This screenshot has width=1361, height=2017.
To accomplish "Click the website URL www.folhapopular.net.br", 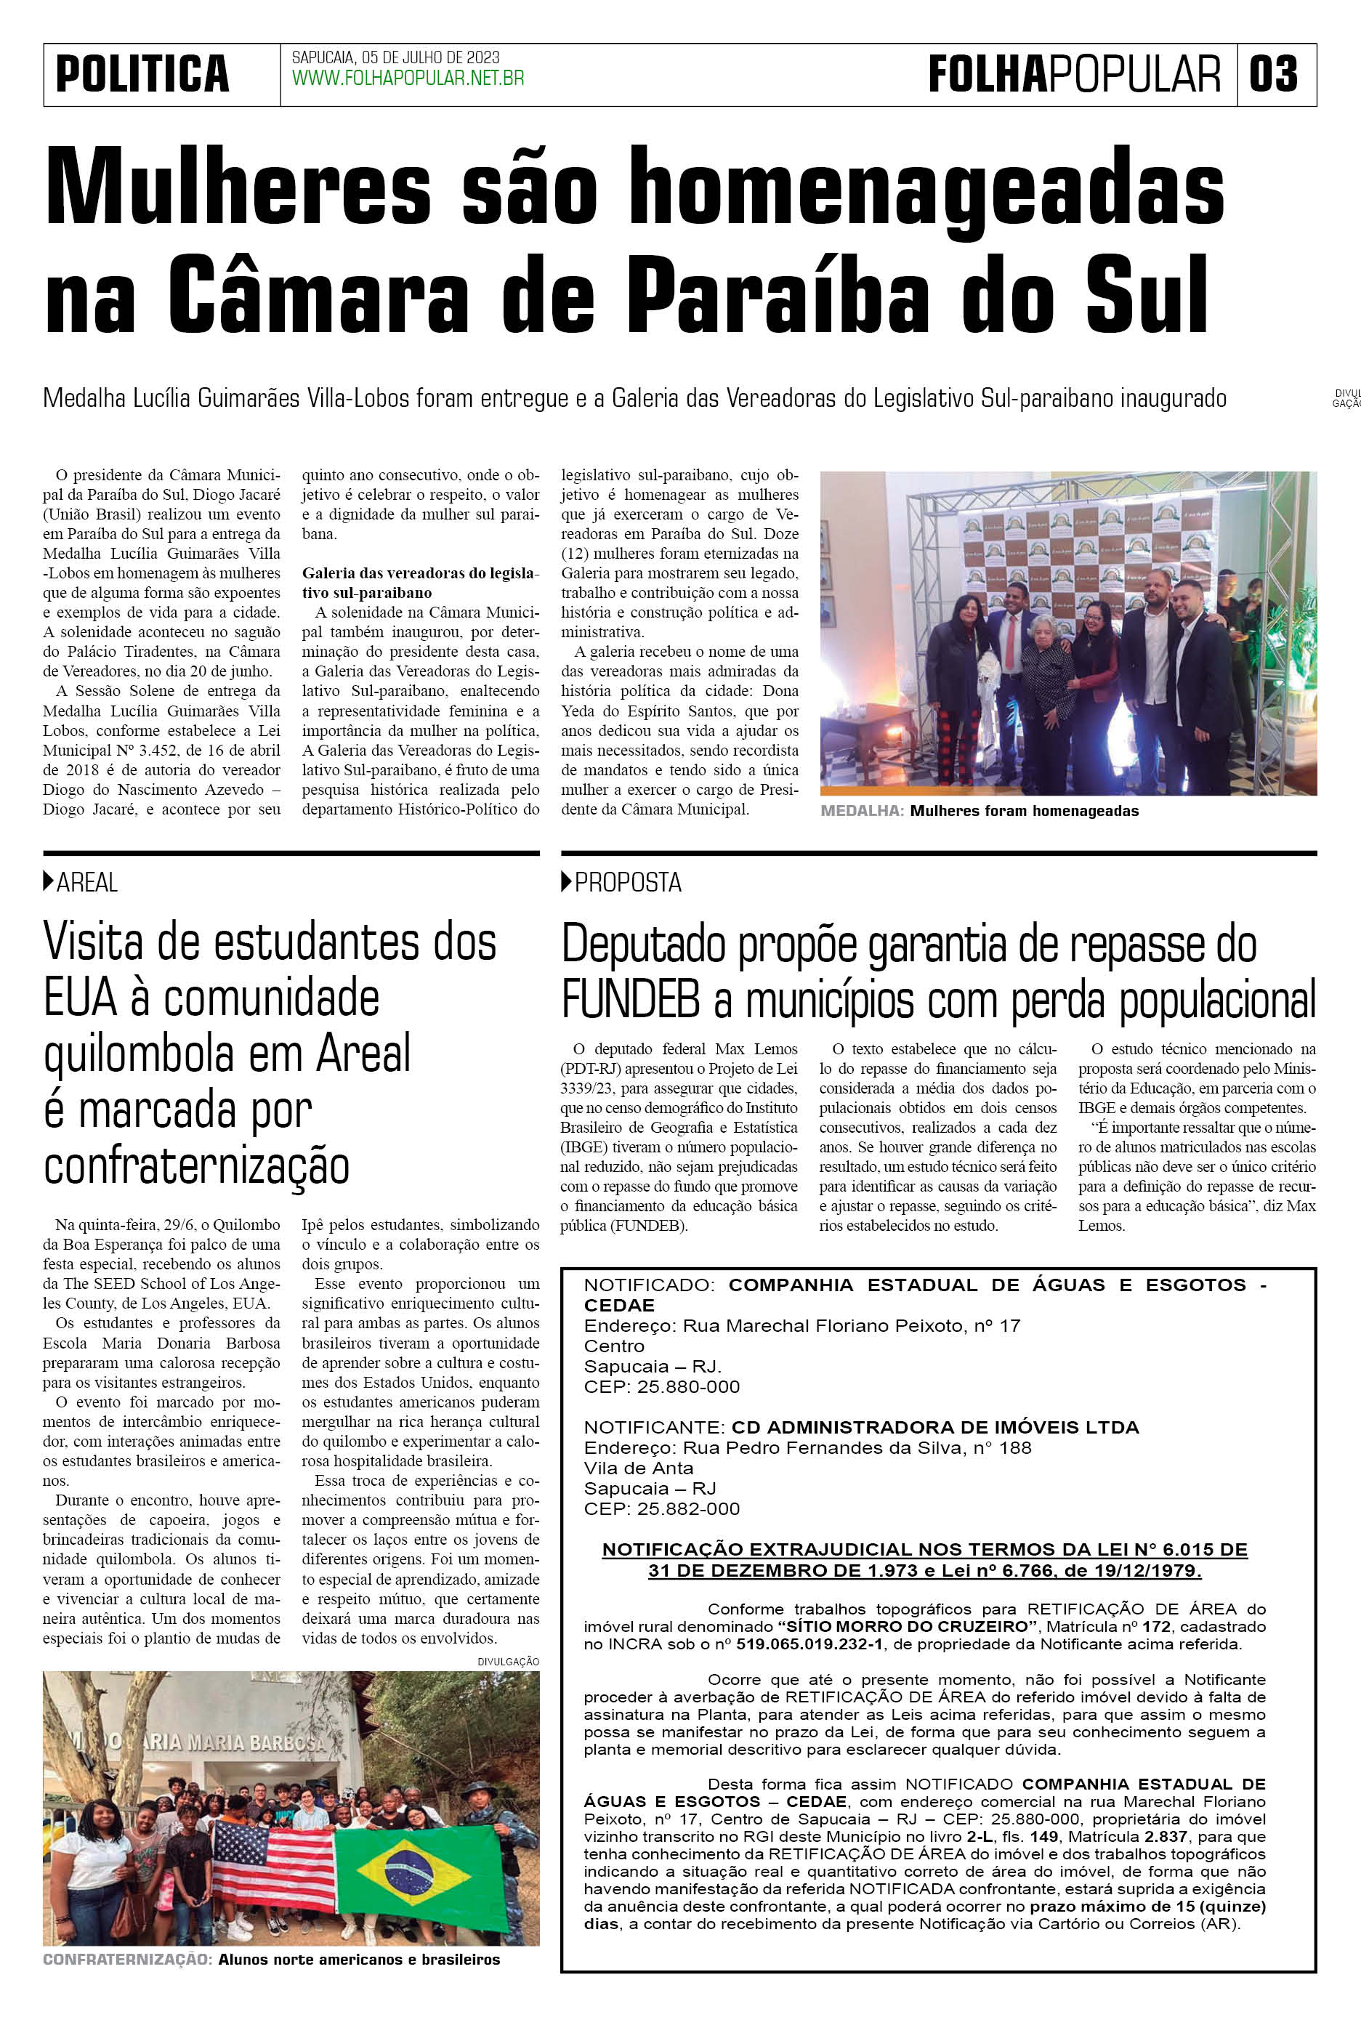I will [408, 79].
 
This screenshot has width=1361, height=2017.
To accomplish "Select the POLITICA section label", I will [142, 74].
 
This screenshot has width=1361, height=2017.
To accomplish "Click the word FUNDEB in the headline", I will [630, 1001].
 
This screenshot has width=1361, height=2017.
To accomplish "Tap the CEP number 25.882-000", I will [688, 1508].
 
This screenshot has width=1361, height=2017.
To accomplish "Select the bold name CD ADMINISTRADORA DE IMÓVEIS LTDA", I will [934, 1428].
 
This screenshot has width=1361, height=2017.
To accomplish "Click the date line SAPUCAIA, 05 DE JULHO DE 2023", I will [395, 57].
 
